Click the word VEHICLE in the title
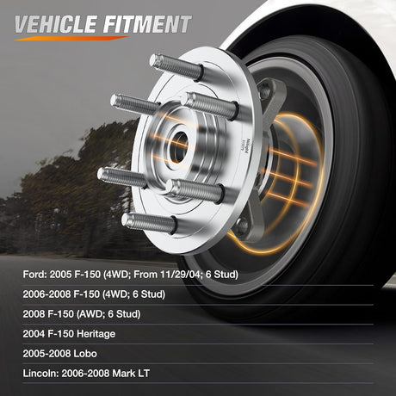coord(56,24)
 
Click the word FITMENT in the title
coord(147,24)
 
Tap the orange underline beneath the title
coord(71,38)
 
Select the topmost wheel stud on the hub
coord(176,67)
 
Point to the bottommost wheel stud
coord(149,223)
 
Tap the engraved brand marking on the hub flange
coord(246,146)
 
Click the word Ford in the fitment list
coord(34,275)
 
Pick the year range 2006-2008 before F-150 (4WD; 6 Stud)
coord(46,294)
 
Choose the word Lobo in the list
coord(85,354)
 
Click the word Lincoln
coord(40,374)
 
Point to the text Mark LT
coord(131,374)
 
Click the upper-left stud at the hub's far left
coord(135,104)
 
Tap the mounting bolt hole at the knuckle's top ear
coord(264,91)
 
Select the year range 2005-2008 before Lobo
coord(46,354)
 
